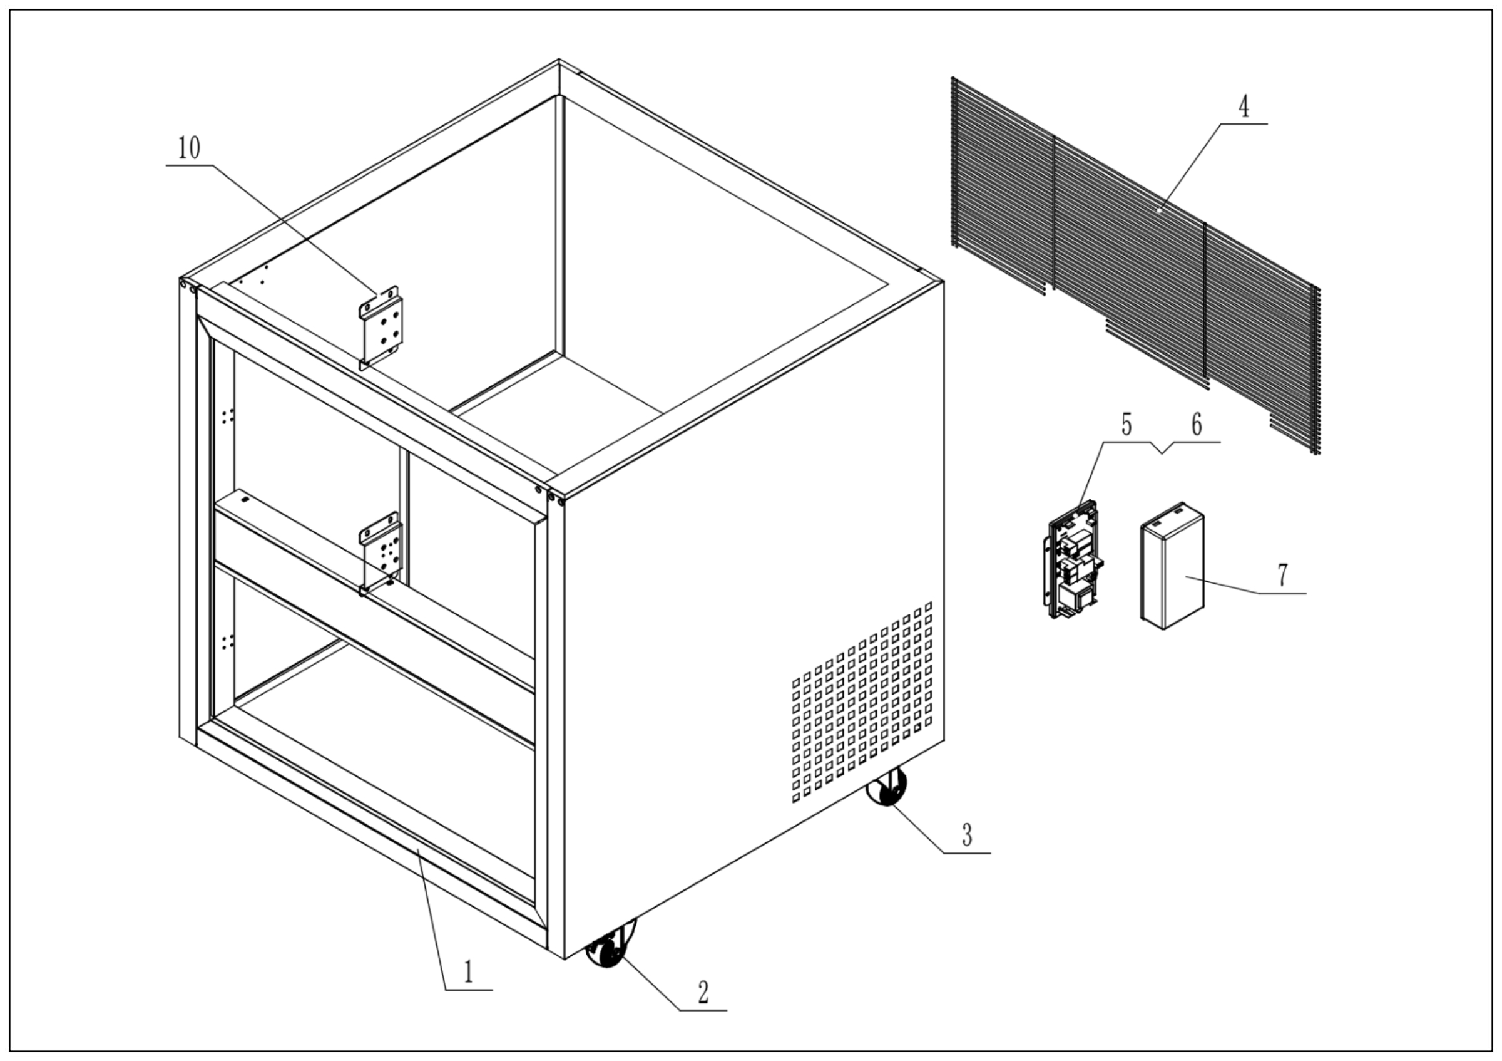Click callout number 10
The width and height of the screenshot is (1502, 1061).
point(189,149)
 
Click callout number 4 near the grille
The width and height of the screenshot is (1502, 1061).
point(1244,106)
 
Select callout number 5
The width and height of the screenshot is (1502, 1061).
point(1126,425)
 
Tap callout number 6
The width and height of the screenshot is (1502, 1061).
point(1197,425)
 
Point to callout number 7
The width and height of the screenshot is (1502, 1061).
point(1283,576)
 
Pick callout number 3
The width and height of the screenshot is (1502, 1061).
point(967,834)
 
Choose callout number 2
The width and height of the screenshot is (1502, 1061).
point(703,993)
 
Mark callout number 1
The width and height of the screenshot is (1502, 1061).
point(468,972)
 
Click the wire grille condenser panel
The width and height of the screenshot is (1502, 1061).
point(1132,262)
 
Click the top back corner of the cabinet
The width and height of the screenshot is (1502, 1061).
point(559,62)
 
